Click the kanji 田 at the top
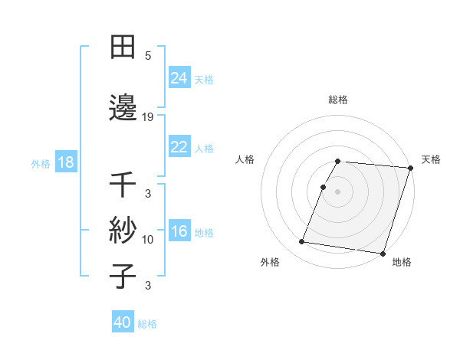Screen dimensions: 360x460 coord(123,47)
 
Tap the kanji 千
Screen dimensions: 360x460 coord(123,185)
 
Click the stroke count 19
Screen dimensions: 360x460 coord(148,116)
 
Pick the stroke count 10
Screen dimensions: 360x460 coord(148,240)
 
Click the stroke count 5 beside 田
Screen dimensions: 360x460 coord(148,55)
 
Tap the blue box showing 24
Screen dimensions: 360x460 coord(179,78)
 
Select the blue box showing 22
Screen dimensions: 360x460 coord(179,147)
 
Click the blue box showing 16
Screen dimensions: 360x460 coord(179,231)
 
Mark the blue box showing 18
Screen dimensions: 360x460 coord(65,162)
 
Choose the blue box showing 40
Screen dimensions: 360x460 coord(123,323)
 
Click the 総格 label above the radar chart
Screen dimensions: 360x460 coord(338,100)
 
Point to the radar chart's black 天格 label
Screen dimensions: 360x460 coord(431,159)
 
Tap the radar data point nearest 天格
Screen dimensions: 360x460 coord(410,168)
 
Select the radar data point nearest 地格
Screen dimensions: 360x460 coord(383,253)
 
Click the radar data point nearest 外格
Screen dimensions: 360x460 coord(302,242)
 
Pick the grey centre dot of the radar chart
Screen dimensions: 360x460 coord(338,191)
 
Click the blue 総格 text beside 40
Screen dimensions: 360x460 coord(148,324)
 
